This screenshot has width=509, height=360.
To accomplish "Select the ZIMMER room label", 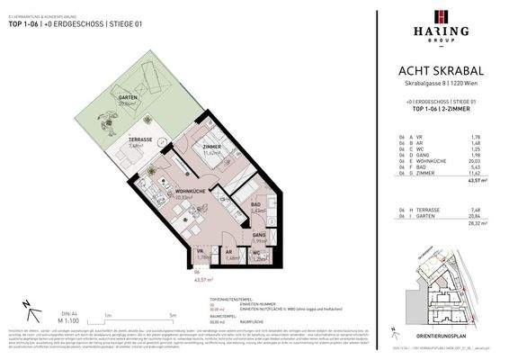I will [212, 147].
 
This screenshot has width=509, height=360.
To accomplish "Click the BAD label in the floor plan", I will [257, 206].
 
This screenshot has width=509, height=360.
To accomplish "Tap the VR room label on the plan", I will [200, 252].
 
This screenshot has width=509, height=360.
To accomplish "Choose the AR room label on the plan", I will [232, 252].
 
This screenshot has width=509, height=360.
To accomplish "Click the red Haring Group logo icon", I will [440, 17].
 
